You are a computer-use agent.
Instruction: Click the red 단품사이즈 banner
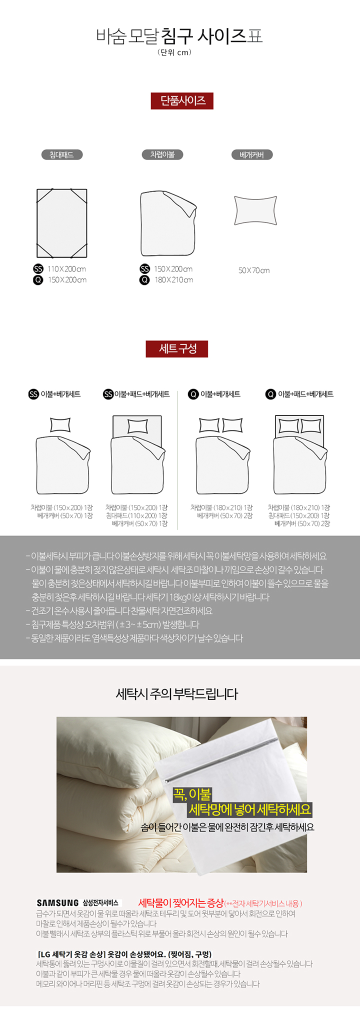tap(182, 100)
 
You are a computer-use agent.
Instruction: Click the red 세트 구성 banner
tap(177, 348)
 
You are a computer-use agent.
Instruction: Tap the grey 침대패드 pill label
tap(61, 155)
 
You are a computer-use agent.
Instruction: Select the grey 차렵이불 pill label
tap(162, 154)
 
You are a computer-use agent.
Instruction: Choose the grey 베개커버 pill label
tap(251, 155)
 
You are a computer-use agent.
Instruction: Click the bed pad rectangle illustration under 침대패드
tap(62, 223)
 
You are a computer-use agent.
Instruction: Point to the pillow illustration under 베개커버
tap(255, 210)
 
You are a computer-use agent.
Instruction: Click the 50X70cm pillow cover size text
tap(254, 270)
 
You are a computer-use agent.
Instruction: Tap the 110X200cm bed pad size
tap(66, 269)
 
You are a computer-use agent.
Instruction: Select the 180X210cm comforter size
tap(173, 280)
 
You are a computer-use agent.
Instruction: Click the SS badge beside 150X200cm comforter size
tap(144, 269)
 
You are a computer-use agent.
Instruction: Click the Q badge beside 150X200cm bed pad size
tap(38, 280)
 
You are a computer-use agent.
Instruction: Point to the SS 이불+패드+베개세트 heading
tap(136, 394)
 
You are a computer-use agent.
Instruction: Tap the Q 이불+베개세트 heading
tap(214, 394)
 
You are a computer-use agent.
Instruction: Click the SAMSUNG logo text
tap(57, 902)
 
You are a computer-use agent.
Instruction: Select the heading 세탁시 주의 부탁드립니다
tap(177, 693)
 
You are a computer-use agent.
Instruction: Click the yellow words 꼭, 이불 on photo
tap(192, 794)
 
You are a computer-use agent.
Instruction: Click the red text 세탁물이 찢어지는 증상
tap(180, 902)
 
